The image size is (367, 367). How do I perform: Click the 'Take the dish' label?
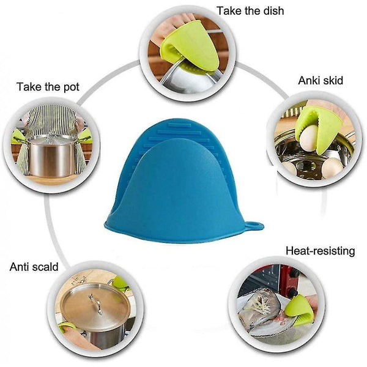[x=250, y=11]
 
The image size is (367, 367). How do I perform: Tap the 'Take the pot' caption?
[x=48, y=87]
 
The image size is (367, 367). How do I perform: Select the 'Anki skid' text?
[x=321, y=81]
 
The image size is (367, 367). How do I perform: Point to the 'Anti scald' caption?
[x=34, y=267]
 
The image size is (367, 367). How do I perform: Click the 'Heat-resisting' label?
[x=320, y=251]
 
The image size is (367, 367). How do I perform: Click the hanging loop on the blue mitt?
[x=254, y=226]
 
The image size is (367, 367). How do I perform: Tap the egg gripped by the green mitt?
[x=310, y=138]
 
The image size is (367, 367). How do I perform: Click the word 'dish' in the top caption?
[x=275, y=11]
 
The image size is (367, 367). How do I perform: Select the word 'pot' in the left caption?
[x=72, y=87]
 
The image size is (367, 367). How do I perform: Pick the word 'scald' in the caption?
[x=45, y=267]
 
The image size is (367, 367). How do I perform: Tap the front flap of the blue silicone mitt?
[x=177, y=187]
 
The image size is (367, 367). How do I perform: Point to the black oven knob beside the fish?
[x=292, y=292]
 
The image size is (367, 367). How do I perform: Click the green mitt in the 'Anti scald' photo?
[x=121, y=283]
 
